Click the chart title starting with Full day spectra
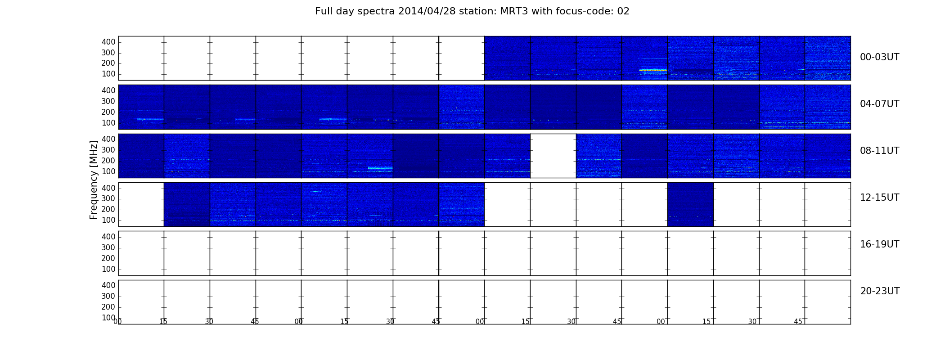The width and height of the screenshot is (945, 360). (x=472, y=11)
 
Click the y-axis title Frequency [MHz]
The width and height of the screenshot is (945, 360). (x=94, y=180)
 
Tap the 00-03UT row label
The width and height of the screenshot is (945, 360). (x=879, y=57)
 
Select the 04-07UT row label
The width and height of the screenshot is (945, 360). (x=879, y=104)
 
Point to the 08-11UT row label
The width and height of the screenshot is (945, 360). (x=879, y=151)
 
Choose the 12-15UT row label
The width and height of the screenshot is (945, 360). (x=879, y=198)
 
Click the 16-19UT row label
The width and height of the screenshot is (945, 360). (x=879, y=244)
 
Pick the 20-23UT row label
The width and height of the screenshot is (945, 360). (x=880, y=291)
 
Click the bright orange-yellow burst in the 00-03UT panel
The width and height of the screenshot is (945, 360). (x=653, y=70)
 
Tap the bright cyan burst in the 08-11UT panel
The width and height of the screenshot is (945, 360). (x=380, y=168)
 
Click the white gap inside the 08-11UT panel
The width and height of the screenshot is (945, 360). (x=553, y=156)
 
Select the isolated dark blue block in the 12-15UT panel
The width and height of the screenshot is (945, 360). (x=690, y=204)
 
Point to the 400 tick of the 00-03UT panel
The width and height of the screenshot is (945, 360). (x=108, y=42)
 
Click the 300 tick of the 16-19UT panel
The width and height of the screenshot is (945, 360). (x=108, y=247)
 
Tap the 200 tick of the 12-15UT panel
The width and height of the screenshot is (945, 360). (x=108, y=209)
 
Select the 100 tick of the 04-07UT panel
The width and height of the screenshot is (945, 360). (x=108, y=123)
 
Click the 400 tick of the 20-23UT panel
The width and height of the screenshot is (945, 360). (x=108, y=285)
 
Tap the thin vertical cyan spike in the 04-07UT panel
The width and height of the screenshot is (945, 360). (x=614, y=110)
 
